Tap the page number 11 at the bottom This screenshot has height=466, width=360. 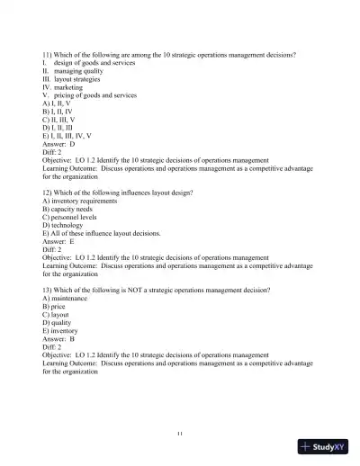pyautogui.click(x=181, y=435)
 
